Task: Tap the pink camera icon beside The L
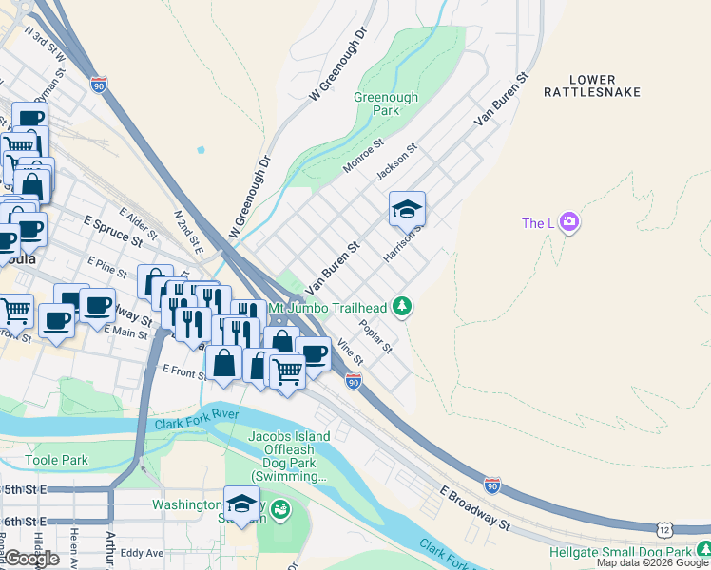[x=569, y=223]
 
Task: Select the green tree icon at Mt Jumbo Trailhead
[x=403, y=307]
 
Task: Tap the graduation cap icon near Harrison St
[x=407, y=209]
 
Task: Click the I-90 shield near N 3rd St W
[x=99, y=85]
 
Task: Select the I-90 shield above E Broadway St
[x=491, y=485]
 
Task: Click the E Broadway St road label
[x=475, y=507]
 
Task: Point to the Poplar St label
[x=375, y=336]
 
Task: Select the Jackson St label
[x=396, y=162]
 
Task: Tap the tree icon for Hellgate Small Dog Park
[x=704, y=550]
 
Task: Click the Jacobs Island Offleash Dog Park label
[x=289, y=456]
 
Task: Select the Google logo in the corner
[x=31, y=559]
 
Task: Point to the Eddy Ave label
[x=142, y=552]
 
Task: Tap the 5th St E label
[x=22, y=489]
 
